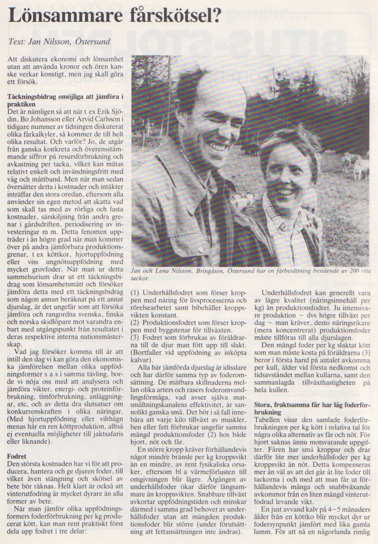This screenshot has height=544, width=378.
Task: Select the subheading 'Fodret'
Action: point(17,456)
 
